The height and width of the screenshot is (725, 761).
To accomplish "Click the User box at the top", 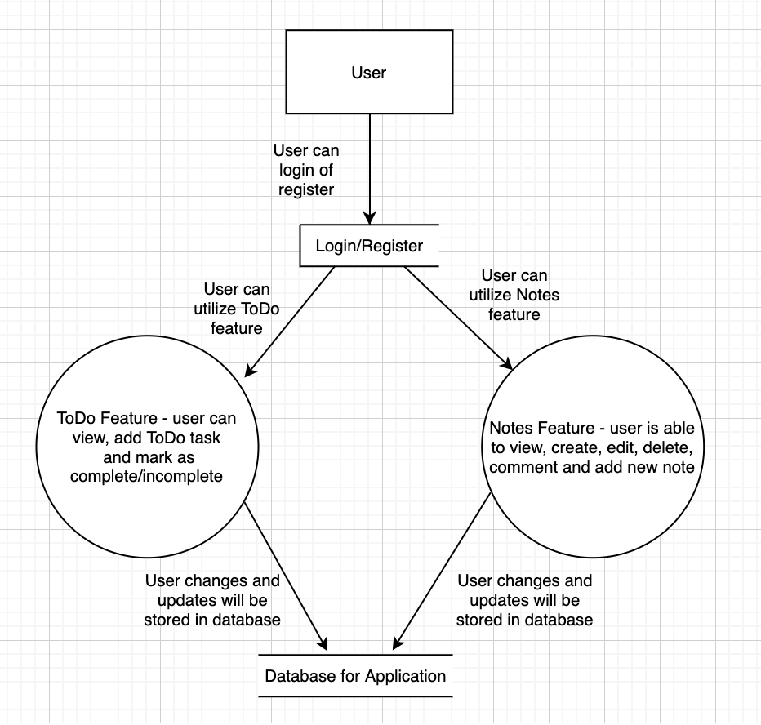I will [x=369, y=73].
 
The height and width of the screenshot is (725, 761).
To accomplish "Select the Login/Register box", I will [x=369, y=246].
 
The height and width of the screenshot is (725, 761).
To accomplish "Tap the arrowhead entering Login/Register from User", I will [x=370, y=218].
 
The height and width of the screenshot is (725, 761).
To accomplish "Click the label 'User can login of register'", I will [x=305, y=170].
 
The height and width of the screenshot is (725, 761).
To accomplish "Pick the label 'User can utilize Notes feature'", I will [x=514, y=295].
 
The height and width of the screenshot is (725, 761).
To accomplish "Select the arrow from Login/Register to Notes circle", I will [x=457, y=318].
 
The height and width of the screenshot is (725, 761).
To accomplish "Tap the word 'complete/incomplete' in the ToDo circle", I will [x=146, y=476].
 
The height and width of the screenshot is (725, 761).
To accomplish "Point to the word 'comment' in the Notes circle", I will [x=522, y=468].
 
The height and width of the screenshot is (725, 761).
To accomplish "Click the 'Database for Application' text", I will [x=355, y=676].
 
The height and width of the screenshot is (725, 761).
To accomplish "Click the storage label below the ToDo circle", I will [x=212, y=600].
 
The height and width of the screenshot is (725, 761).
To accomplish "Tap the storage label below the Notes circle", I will [x=524, y=600].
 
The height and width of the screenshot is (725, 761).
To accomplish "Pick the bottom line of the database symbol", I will [x=355, y=696].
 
